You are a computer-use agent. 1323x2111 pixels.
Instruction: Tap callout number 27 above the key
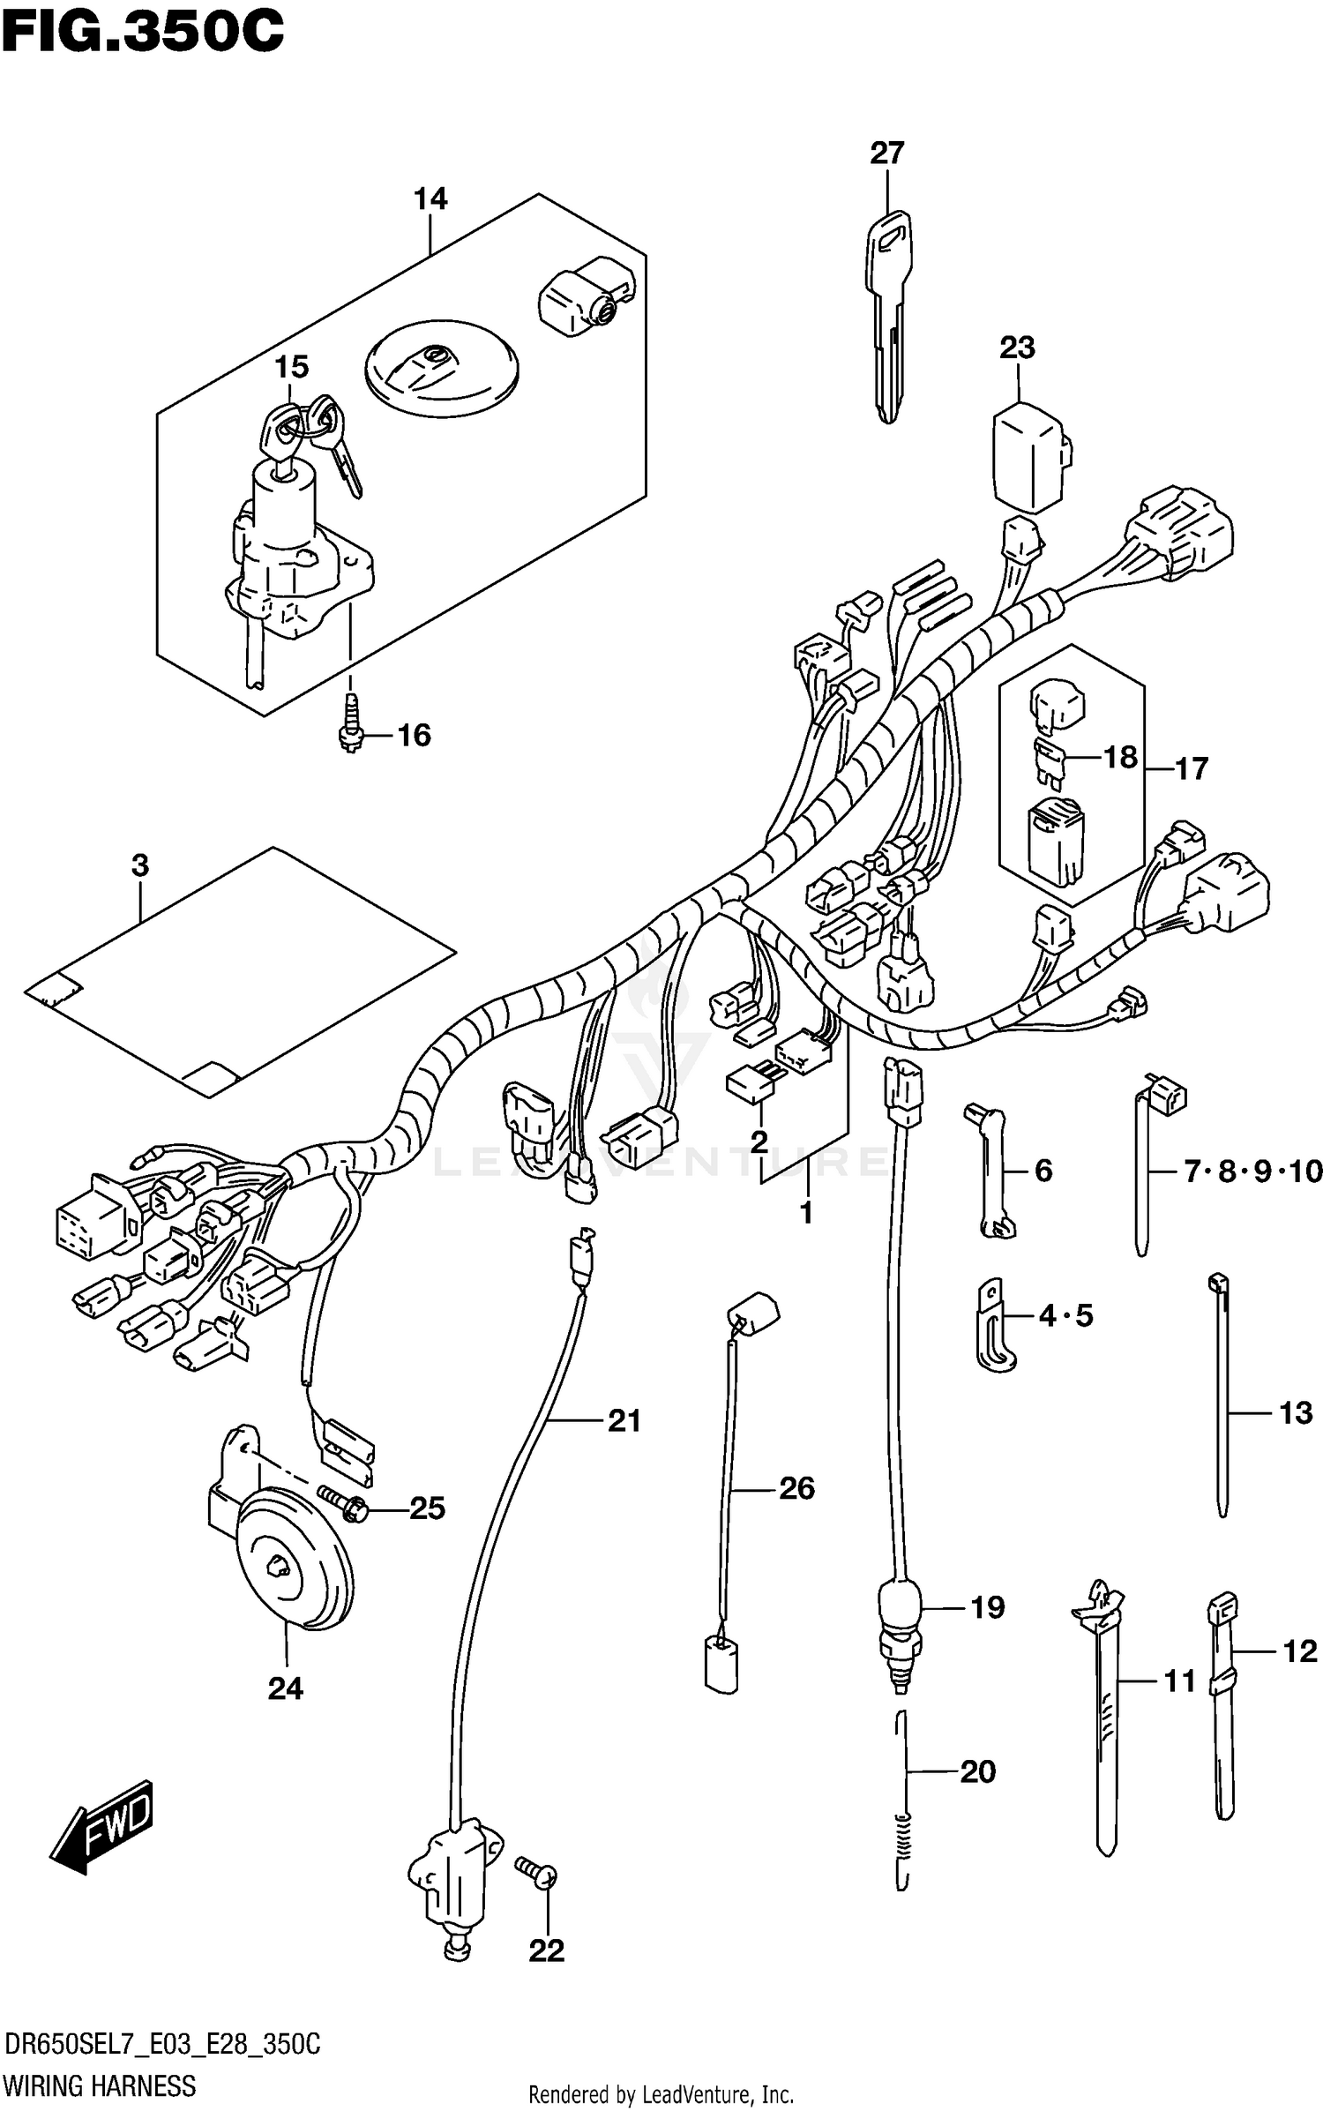[886, 153]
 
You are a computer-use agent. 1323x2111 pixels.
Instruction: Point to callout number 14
[430, 199]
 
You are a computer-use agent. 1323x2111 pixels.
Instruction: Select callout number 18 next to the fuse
[1120, 757]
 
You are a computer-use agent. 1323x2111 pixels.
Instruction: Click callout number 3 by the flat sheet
[140, 865]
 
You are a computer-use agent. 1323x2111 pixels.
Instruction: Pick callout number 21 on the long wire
[624, 1420]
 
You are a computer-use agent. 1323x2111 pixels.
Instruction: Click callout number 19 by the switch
[987, 1607]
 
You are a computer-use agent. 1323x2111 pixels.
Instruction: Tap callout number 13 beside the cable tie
[1295, 1413]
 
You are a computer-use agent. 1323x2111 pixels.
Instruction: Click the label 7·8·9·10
[1252, 1172]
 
